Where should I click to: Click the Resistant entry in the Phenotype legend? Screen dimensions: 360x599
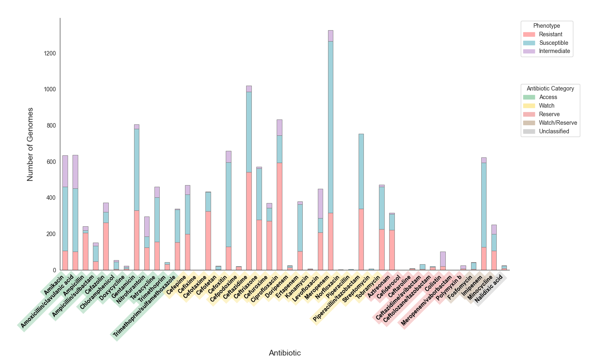tap(550, 34)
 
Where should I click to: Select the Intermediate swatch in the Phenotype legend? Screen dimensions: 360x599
tap(529, 51)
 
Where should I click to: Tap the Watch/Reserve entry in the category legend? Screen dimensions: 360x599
tap(557, 123)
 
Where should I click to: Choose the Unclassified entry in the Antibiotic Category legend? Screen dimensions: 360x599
tap(554, 131)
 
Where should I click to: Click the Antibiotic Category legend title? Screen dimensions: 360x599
tap(550, 88)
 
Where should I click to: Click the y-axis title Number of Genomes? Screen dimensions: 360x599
tap(30, 144)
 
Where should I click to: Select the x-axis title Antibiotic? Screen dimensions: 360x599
tap(285, 353)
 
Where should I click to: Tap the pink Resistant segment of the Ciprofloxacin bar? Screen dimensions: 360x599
tap(279, 216)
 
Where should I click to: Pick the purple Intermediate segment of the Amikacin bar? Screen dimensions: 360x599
tap(65, 171)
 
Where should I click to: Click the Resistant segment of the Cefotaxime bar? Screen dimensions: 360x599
tap(208, 241)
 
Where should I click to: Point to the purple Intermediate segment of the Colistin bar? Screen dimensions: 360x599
tap(443, 259)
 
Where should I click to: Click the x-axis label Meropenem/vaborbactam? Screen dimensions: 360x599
tap(426, 302)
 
